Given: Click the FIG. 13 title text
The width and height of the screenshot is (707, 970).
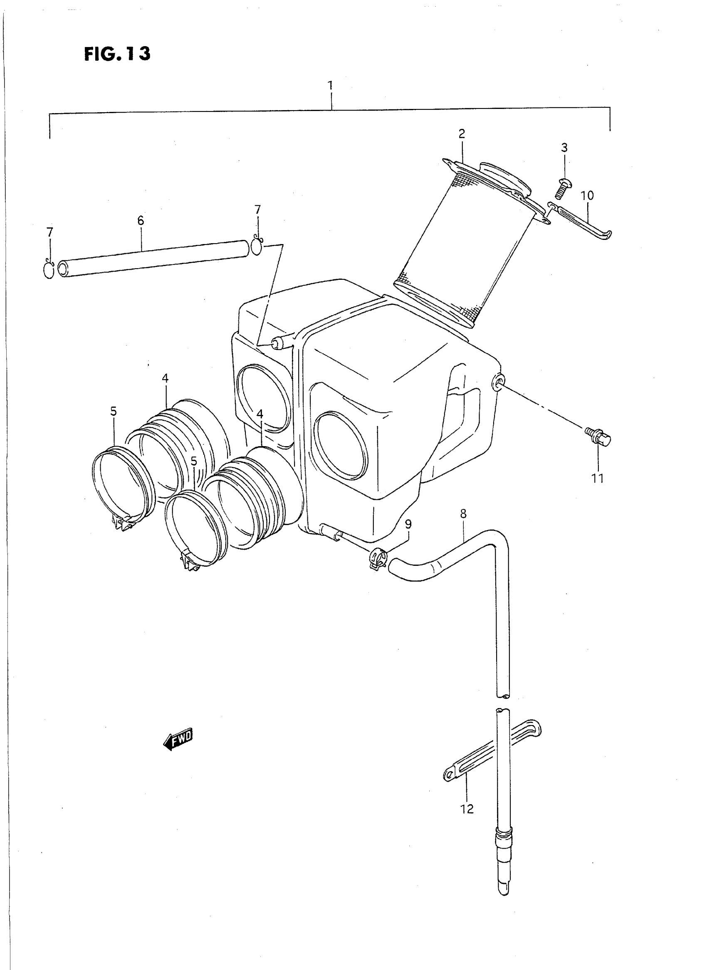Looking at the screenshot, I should point(117,54).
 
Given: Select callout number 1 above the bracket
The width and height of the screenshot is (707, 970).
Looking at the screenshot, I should point(330,85).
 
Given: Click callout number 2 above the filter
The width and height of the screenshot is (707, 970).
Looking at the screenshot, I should point(461,134).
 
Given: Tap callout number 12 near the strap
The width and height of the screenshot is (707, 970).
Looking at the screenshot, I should point(467,809).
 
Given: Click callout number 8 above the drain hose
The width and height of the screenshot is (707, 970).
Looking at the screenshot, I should point(464,513).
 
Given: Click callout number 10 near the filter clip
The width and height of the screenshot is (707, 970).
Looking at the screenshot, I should point(587,195).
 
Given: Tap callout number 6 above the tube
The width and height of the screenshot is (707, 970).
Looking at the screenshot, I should point(141,221).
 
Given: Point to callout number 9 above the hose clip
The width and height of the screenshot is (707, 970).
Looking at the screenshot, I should point(408,524).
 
